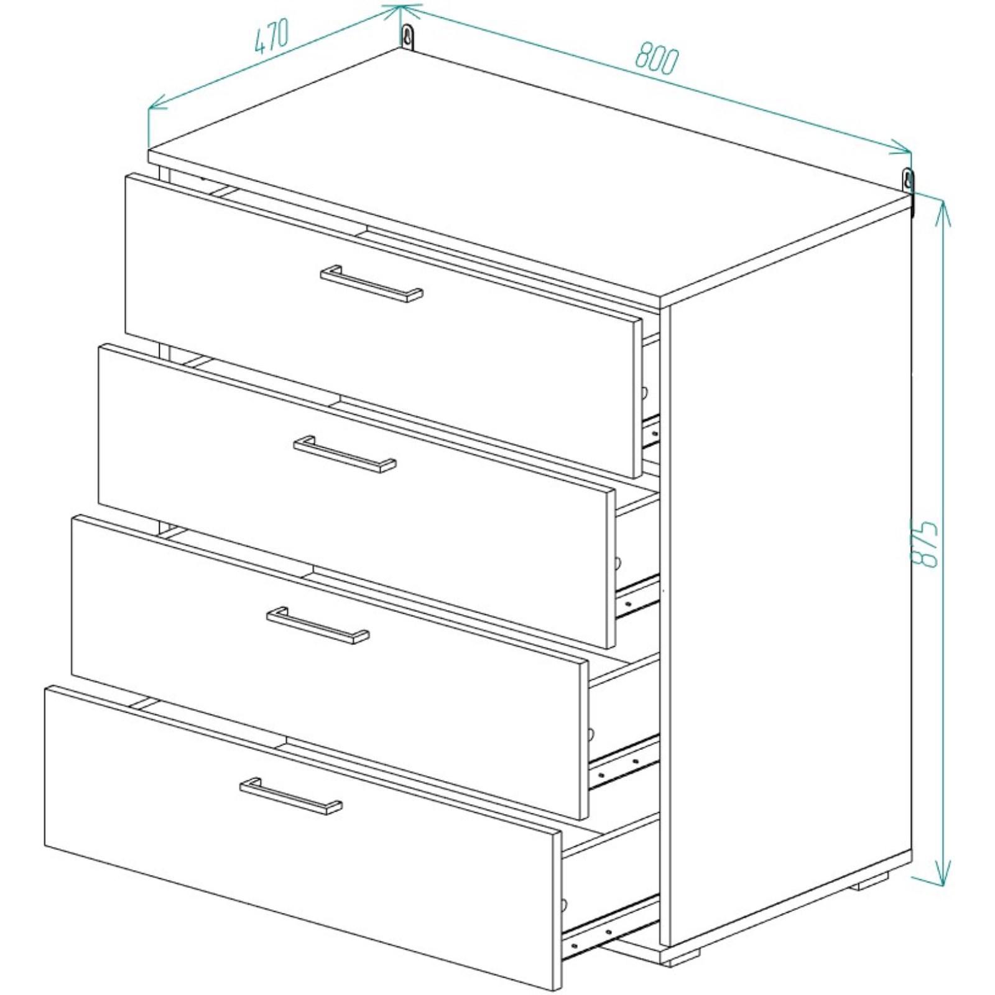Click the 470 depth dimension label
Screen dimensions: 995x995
tap(272, 37)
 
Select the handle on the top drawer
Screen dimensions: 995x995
tap(372, 284)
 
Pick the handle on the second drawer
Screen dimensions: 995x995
tap(345, 454)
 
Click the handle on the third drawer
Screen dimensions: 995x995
tap(318, 625)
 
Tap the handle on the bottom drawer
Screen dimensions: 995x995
tap(290, 796)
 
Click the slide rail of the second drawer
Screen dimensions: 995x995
tap(637, 596)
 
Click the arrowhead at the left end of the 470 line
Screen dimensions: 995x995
tap(158, 103)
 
